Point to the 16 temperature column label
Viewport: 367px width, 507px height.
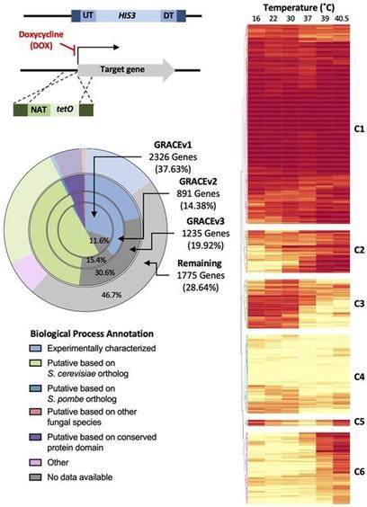tap(255, 20)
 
